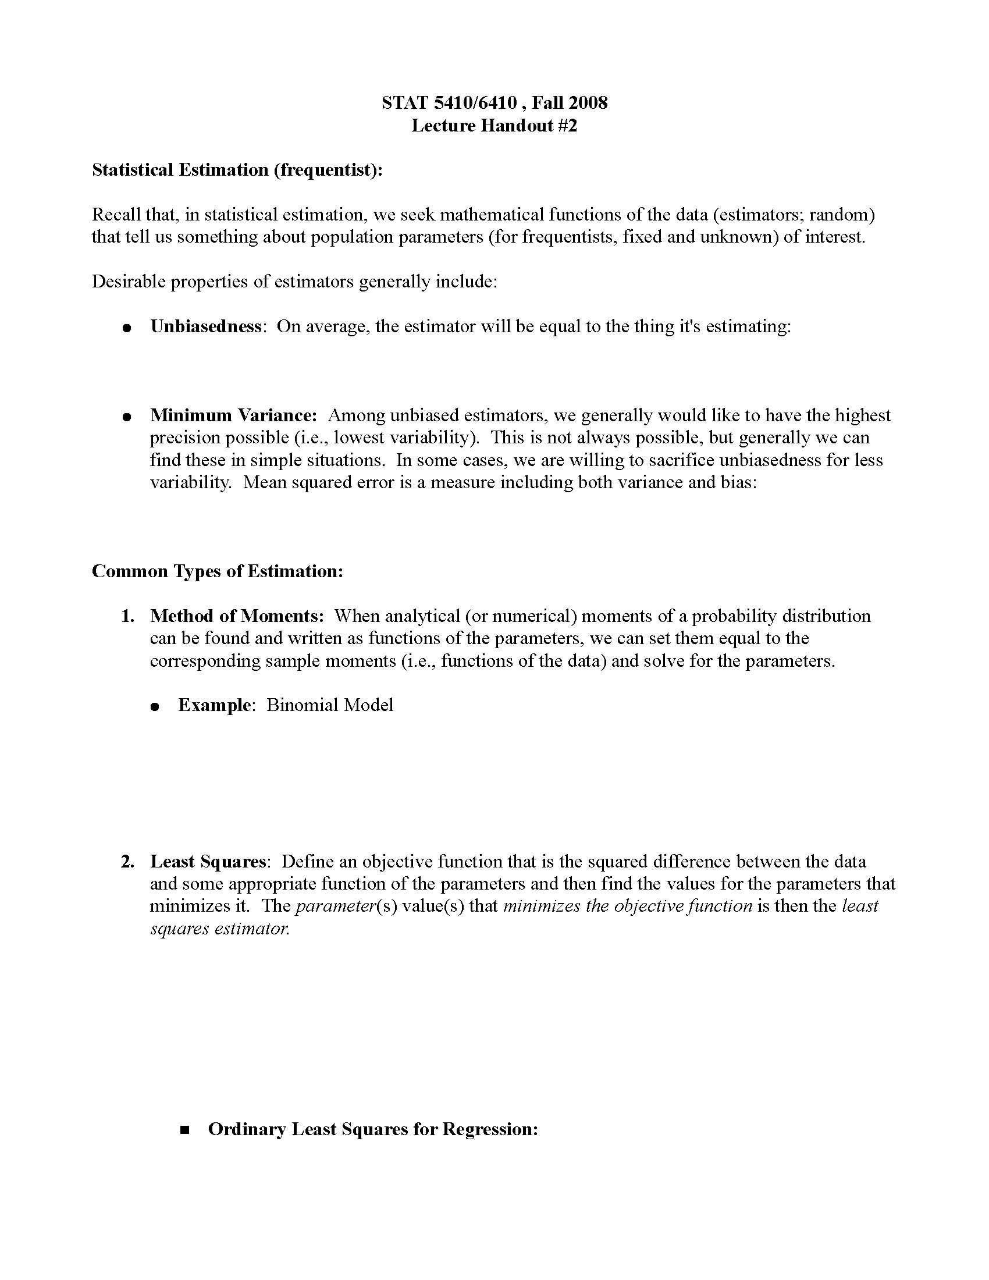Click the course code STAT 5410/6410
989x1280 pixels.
click(x=449, y=103)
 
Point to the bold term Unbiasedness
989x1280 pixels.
click(x=205, y=326)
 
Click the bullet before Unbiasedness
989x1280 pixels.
click(x=126, y=328)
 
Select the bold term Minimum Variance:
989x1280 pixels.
click(x=233, y=415)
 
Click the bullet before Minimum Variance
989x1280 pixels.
click(x=126, y=417)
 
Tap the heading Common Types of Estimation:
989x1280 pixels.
click(x=218, y=571)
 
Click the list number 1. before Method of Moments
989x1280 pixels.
click(x=128, y=616)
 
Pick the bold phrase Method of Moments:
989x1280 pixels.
click(x=237, y=616)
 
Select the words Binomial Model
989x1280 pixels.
click(x=330, y=705)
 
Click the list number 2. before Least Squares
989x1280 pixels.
click(x=128, y=862)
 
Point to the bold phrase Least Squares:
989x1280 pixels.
click(x=209, y=862)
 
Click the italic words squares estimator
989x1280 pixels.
click(x=219, y=929)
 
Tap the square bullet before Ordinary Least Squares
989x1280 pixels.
click(x=186, y=1130)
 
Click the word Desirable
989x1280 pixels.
click(x=129, y=282)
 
